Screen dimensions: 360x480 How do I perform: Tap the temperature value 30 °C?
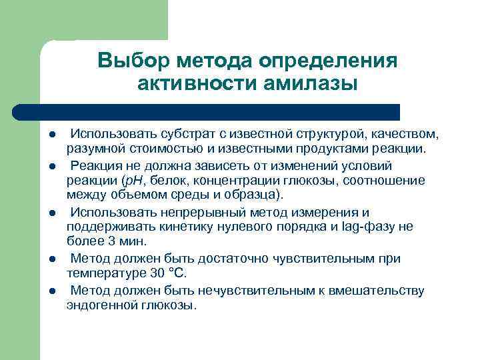pos(169,273)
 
